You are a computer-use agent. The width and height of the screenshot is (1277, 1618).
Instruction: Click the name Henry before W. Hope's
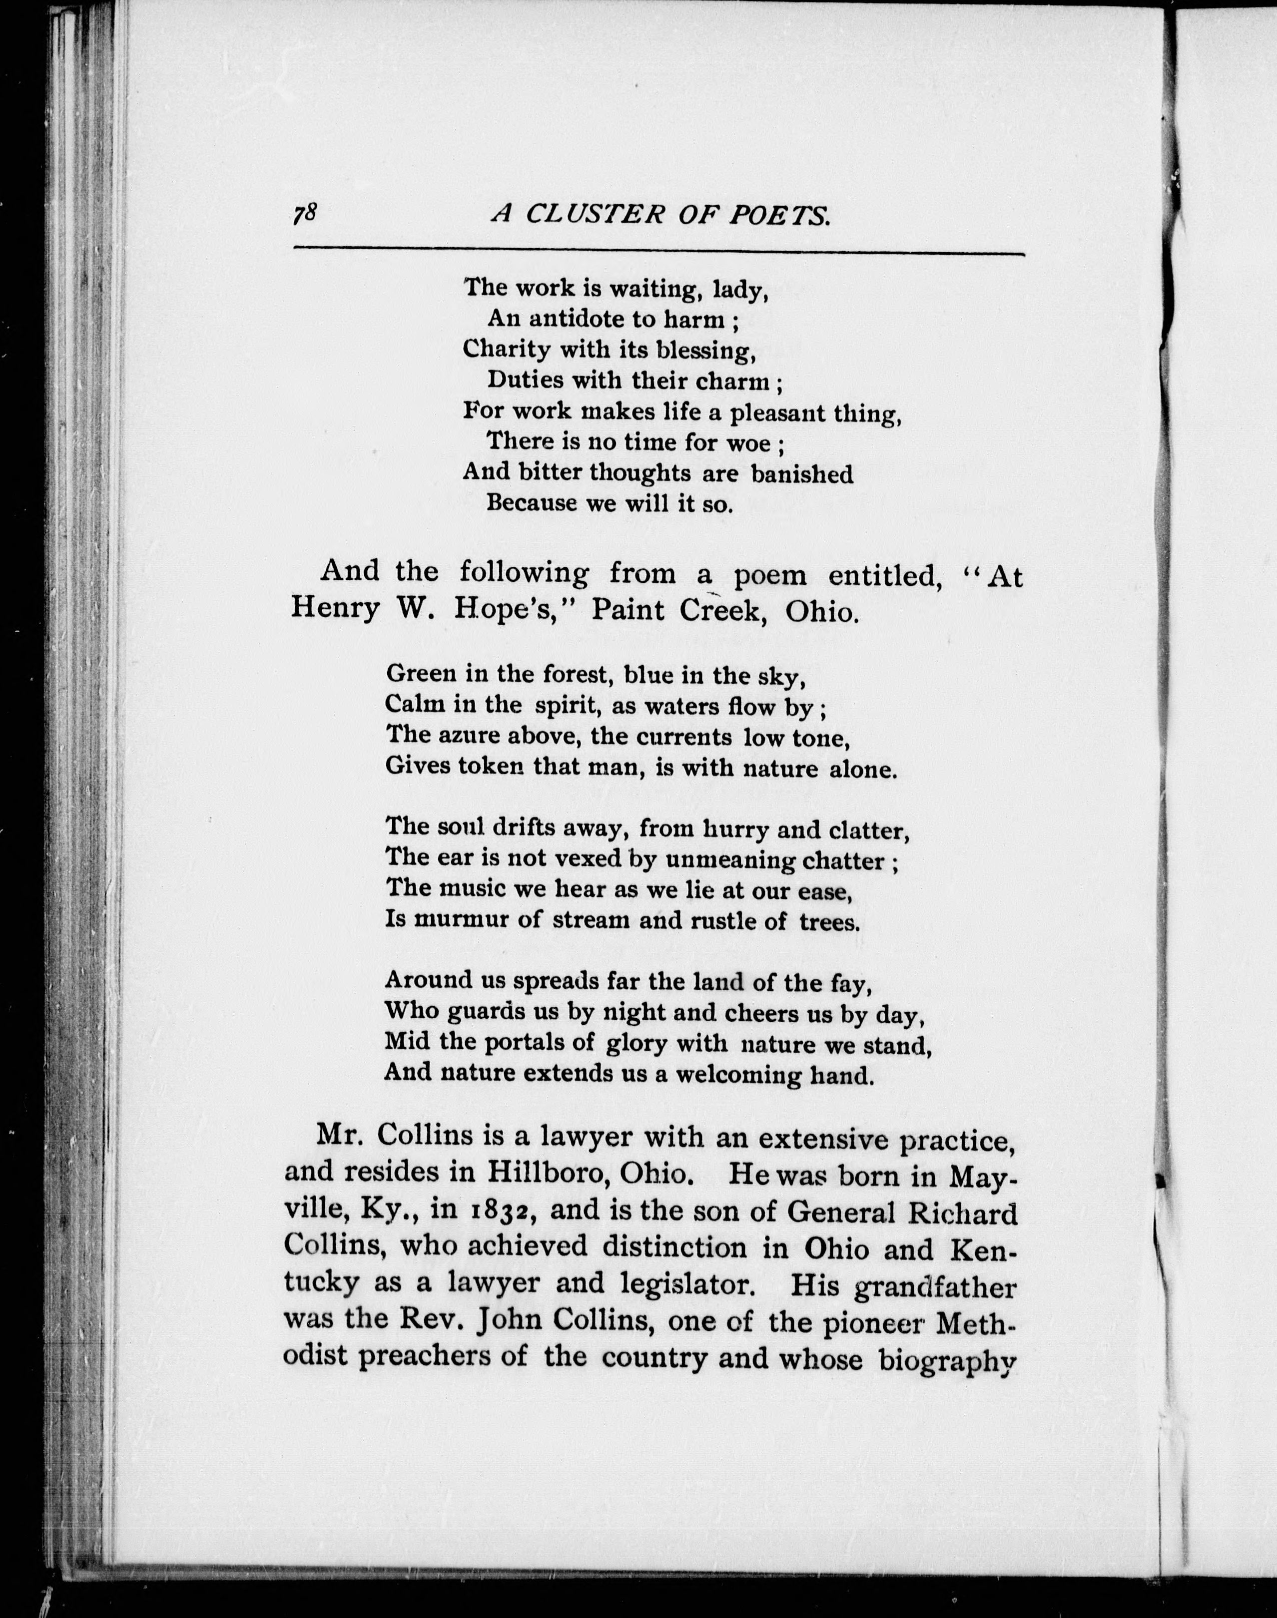(335, 610)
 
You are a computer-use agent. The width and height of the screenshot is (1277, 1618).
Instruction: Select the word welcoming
(749, 1075)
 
